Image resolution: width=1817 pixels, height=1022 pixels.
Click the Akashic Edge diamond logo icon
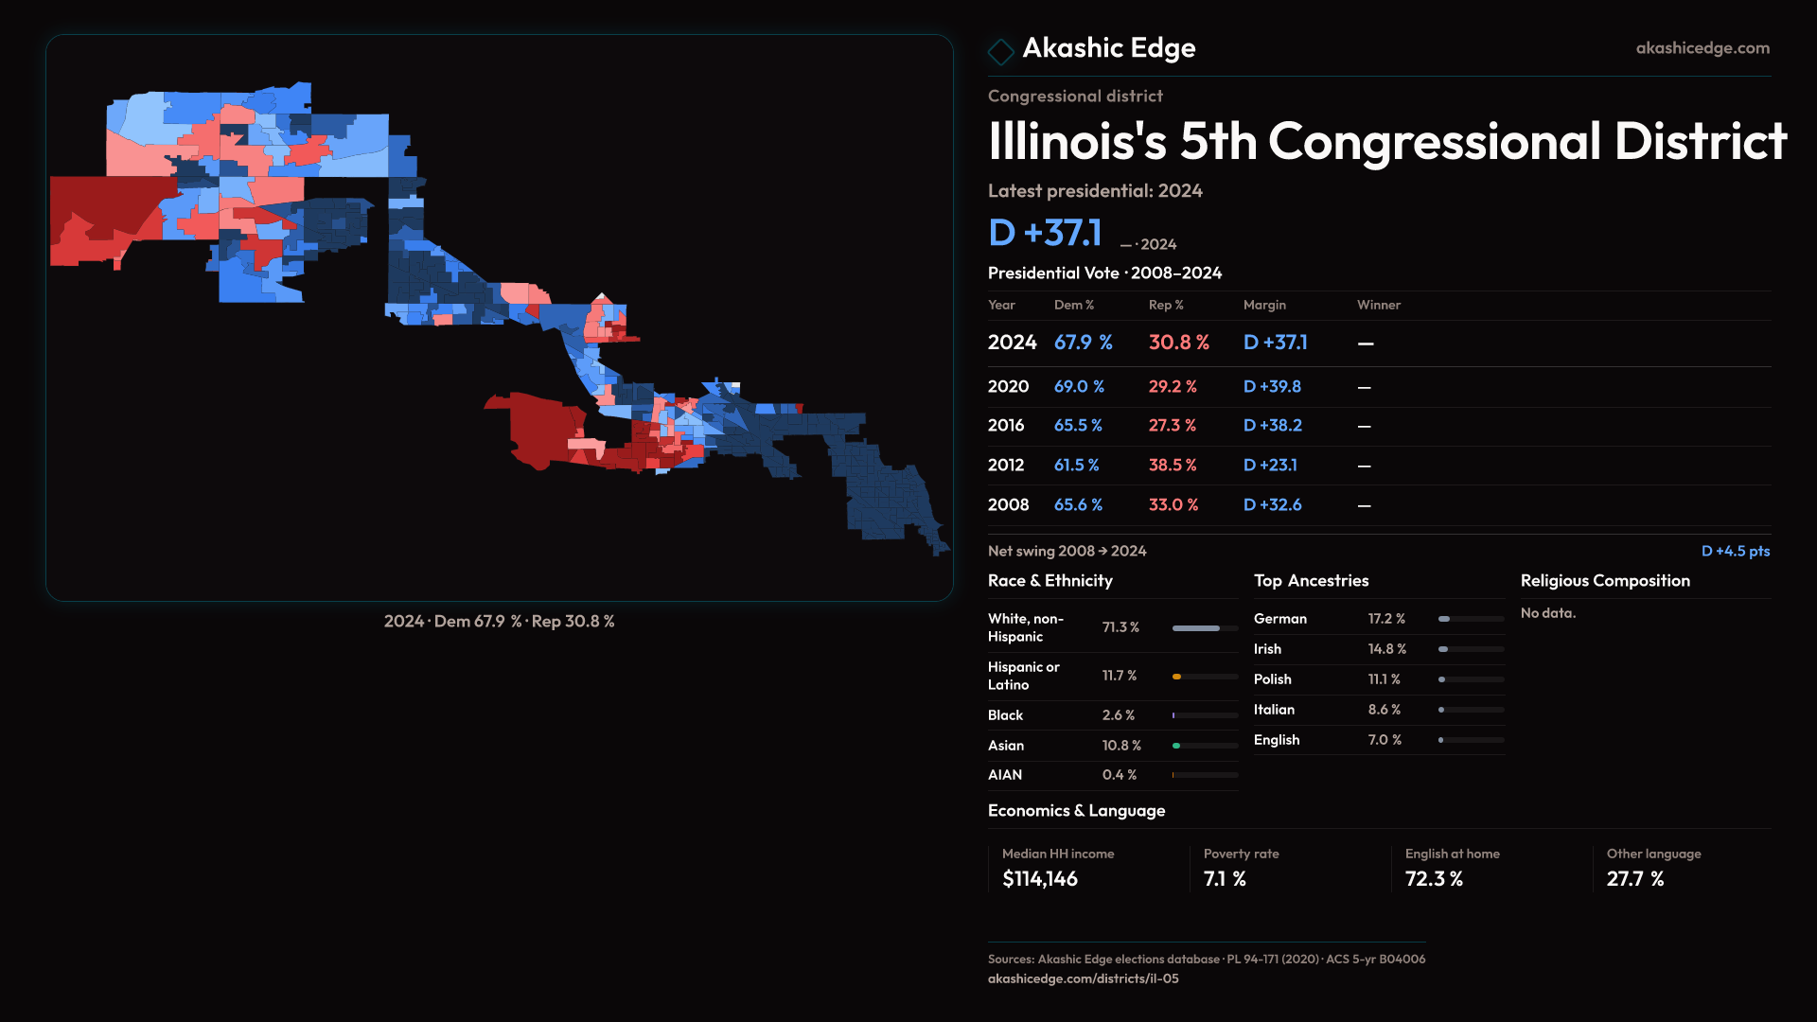[x=1000, y=51]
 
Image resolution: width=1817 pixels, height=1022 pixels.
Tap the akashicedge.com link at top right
[x=1702, y=48]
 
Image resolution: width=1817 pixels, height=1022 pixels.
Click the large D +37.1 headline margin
[x=1045, y=233]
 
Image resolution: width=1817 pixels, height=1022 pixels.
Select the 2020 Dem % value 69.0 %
[x=1079, y=387]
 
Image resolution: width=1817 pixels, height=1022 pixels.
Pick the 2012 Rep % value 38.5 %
[x=1173, y=466]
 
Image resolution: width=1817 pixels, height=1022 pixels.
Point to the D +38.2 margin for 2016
[x=1272, y=426]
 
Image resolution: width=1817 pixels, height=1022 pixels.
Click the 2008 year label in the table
[x=1008, y=505]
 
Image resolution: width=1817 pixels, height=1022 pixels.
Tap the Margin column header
[x=1264, y=305]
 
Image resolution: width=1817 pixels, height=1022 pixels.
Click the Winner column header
[x=1378, y=305]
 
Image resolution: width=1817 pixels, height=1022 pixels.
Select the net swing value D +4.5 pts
[x=1735, y=551]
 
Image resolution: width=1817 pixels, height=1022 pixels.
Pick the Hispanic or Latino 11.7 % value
[x=1119, y=676]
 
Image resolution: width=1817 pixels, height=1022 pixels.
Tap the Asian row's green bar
[x=1176, y=746]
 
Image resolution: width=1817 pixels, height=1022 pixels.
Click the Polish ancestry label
[x=1272, y=679]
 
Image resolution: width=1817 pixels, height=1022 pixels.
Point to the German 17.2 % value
[x=1385, y=619]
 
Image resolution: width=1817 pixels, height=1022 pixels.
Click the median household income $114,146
[x=1039, y=879]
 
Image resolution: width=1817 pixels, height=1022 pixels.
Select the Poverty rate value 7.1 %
[x=1224, y=879]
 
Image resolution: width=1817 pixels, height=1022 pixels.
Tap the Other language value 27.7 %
[x=1634, y=879]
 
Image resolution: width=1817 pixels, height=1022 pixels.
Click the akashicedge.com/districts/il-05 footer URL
[x=1083, y=978]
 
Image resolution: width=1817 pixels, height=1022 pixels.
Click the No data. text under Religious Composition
[x=1547, y=613]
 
